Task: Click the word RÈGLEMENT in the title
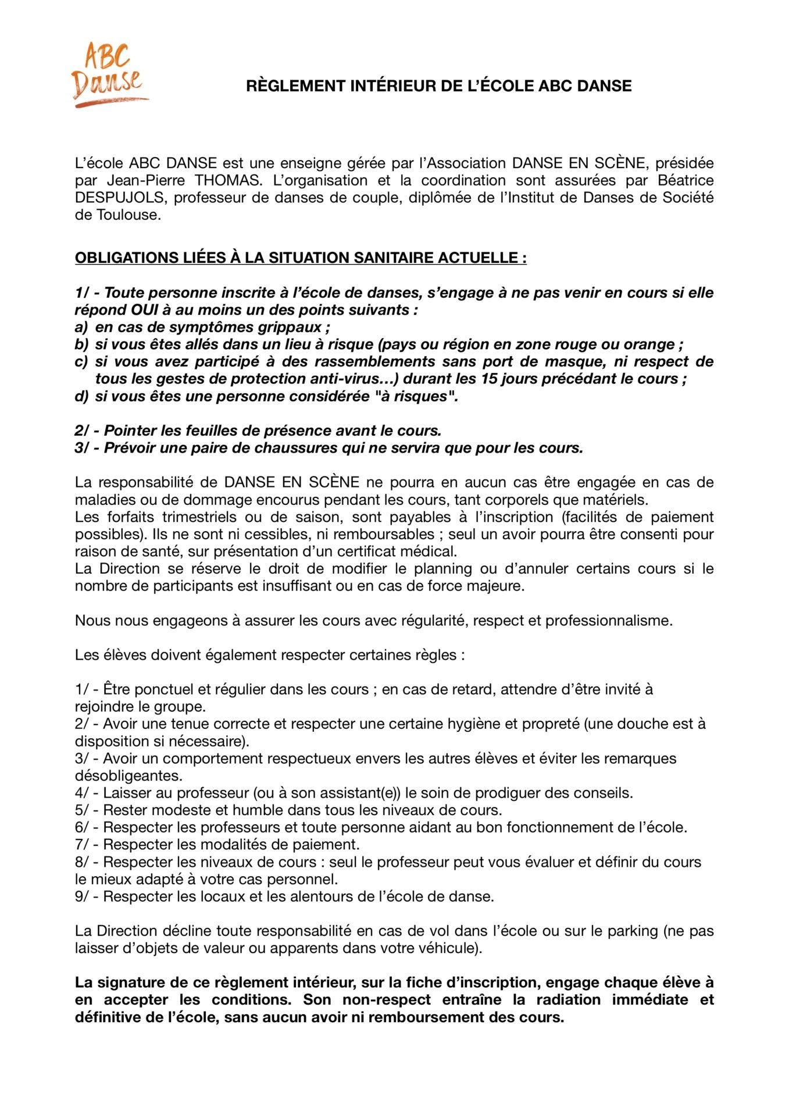pos(295,86)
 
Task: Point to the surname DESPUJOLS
pos(119,198)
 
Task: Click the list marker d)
pos(81,396)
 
